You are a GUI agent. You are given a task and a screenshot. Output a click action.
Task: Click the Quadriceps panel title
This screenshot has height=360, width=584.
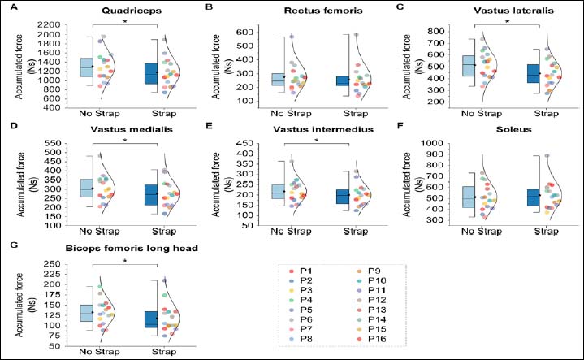(x=132, y=11)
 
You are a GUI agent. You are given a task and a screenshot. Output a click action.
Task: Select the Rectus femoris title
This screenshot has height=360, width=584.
(x=323, y=11)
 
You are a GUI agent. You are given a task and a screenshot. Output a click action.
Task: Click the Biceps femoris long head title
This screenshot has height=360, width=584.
(x=132, y=248)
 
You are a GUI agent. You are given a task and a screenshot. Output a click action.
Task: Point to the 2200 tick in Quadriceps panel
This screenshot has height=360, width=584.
(x=50, y=25)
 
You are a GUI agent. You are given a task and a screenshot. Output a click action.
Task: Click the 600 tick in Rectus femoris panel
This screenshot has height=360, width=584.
(x=244, y=32)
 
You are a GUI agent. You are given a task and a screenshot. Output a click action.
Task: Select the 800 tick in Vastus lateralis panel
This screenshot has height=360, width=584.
(x=436, y=32)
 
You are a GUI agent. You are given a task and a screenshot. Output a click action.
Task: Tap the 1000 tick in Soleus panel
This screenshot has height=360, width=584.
(x=431, y=143)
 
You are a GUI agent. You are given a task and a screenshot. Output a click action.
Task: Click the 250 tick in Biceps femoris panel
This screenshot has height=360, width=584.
(x=52, y=264)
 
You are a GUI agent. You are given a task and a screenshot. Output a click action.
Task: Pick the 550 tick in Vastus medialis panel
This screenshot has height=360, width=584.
(x=52, y=143)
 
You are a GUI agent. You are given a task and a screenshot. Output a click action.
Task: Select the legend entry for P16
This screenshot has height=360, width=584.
(x=372, y=339)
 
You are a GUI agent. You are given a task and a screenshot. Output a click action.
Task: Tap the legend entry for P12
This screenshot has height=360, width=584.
(x=372, y=300)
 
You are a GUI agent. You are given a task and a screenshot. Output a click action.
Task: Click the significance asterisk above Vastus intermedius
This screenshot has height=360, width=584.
(x=317, y=141)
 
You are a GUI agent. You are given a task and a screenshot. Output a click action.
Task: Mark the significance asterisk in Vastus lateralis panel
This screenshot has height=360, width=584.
(x=507, y=22)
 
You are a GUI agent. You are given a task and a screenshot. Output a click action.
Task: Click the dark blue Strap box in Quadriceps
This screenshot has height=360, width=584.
(x=151, y=73)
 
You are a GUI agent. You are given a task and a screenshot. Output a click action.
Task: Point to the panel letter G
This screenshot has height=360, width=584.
(x=14, y=245)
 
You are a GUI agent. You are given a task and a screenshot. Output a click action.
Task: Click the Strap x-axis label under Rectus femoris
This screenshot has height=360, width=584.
(x=355, y=113)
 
